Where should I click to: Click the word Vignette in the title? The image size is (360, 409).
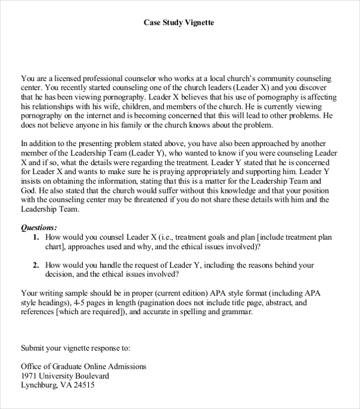coord(199,23)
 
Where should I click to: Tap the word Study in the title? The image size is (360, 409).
coord(170,23)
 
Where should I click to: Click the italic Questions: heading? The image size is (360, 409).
coord(40,228)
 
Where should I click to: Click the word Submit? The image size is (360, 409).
coord(34,348)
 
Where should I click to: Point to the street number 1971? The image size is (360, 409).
coord(30,377)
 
